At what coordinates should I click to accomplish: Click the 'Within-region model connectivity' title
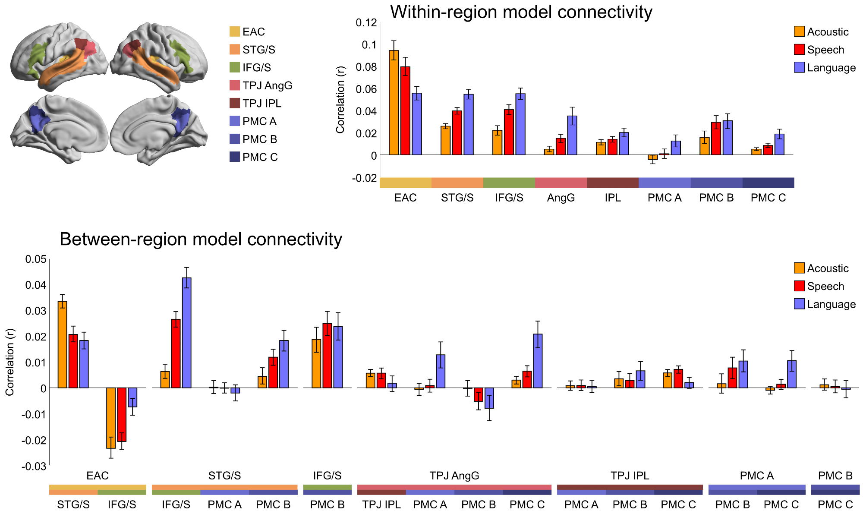[x=521, y=12]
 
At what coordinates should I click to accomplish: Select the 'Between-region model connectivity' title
[x=201, y=240]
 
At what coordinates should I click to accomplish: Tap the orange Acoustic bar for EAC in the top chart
[x=394, y=103]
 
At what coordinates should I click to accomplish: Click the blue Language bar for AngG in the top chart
[x=572, y=135]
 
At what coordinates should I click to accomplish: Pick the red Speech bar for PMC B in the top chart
[x=716, y=139]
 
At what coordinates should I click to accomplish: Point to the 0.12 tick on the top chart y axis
[x=366, y=22]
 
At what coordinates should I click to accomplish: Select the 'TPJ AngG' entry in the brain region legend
[x=267, y=85]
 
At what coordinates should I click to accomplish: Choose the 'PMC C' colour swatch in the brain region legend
[x=235, y=157]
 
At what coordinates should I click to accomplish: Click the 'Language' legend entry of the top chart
[x=831, y=68]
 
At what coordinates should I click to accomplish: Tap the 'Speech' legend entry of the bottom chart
[x=825, y=286]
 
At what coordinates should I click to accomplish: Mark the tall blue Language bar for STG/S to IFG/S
[x=186, y=333]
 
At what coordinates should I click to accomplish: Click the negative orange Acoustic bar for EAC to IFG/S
[x=111, y=418]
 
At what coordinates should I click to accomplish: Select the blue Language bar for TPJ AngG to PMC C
[x=538, y=361]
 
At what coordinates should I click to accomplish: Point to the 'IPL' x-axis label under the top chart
[x=612, y=198]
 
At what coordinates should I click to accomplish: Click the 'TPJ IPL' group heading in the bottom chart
[x=630, y=476]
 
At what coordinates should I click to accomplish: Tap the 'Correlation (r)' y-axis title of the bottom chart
[x=9, y=362]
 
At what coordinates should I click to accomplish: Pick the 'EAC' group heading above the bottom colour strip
[x=98, y=476]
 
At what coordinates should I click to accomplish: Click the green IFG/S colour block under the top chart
[x=509, y=183]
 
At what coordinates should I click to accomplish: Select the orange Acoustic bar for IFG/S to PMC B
[x=316, y=363]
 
